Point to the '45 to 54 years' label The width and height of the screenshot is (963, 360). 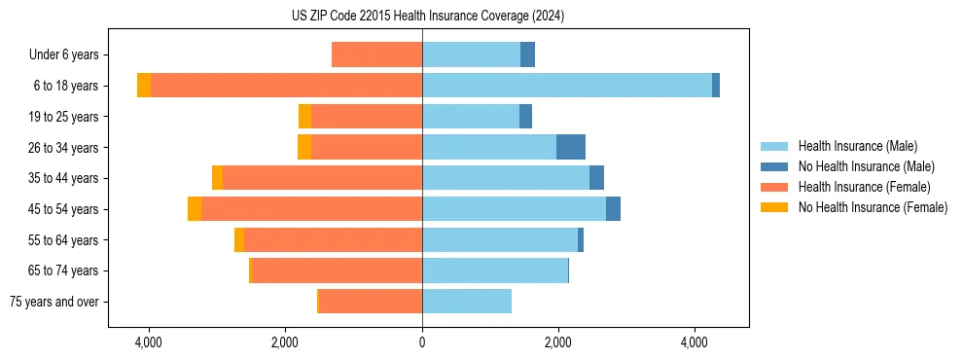click(63, 209)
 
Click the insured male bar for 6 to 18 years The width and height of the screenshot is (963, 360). click(566, 86)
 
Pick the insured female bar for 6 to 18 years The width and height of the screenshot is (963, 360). click(286, 86)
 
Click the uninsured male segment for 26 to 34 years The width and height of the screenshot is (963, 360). click(571, 147)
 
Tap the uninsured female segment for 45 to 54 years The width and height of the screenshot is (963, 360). click(195, 209)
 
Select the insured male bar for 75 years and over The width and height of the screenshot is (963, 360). click(467, 302)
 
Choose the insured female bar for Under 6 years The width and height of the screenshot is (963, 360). click(376, 54)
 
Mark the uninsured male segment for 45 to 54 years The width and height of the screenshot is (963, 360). click(613, 209)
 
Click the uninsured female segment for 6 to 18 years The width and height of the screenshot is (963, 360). click(144, 86)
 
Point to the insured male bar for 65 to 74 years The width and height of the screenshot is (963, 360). click(494, 270)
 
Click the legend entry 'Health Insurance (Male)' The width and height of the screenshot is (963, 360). click(857, 146)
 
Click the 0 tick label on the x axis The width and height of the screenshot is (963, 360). click(422, 342)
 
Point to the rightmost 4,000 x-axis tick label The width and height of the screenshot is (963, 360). click(695, 342)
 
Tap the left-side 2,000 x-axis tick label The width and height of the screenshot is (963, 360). click(285, 342)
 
